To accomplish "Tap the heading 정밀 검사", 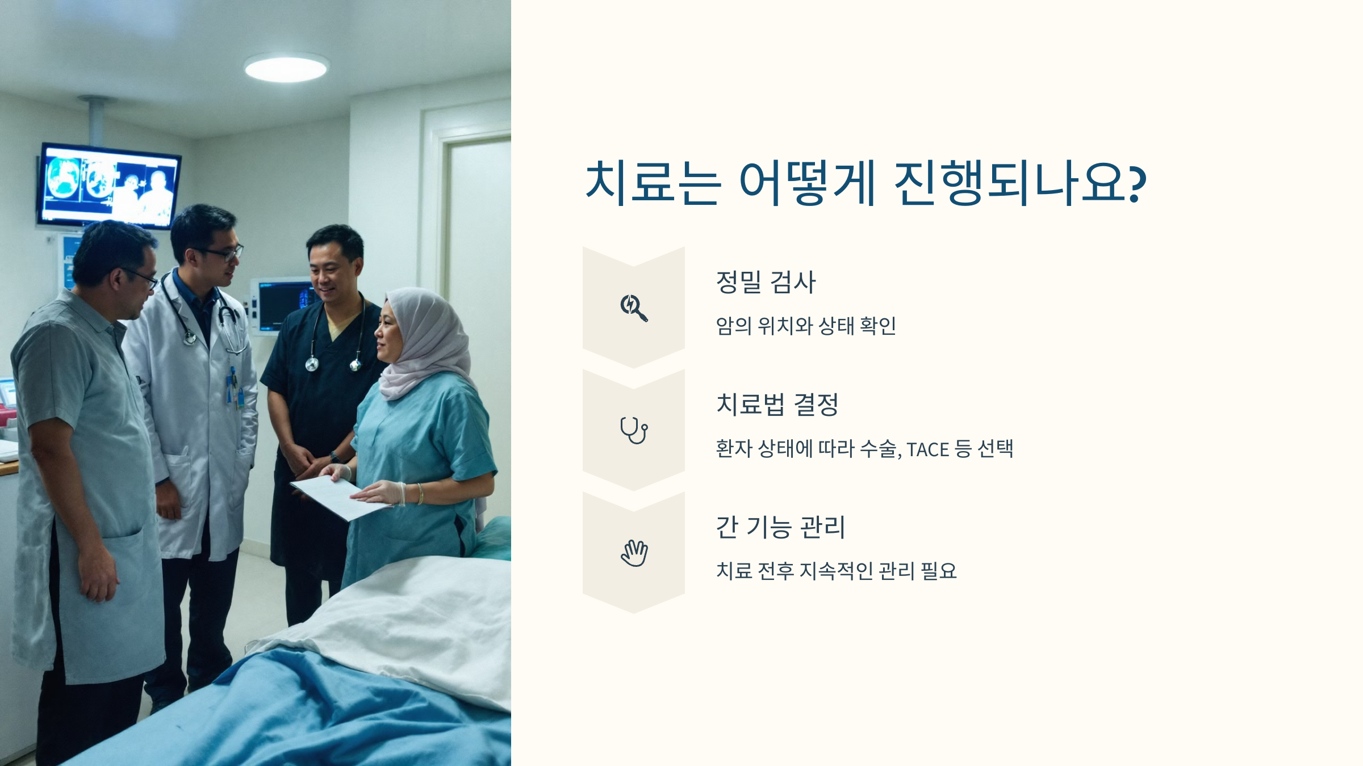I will (766, 282).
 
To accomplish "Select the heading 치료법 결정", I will (777, 405).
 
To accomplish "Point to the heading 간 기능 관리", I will (780, 527).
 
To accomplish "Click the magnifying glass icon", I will (634, 308).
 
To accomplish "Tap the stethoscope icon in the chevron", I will (634, 430).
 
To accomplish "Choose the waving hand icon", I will (634, 553).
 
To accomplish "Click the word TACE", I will (927, 450).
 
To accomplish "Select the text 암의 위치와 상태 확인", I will (805, 326).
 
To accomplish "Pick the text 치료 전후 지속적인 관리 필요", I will (836, 571).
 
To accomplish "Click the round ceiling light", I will (286, 69).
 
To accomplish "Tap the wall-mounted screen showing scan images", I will (109, 186).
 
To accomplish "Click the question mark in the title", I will (1138, 183).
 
